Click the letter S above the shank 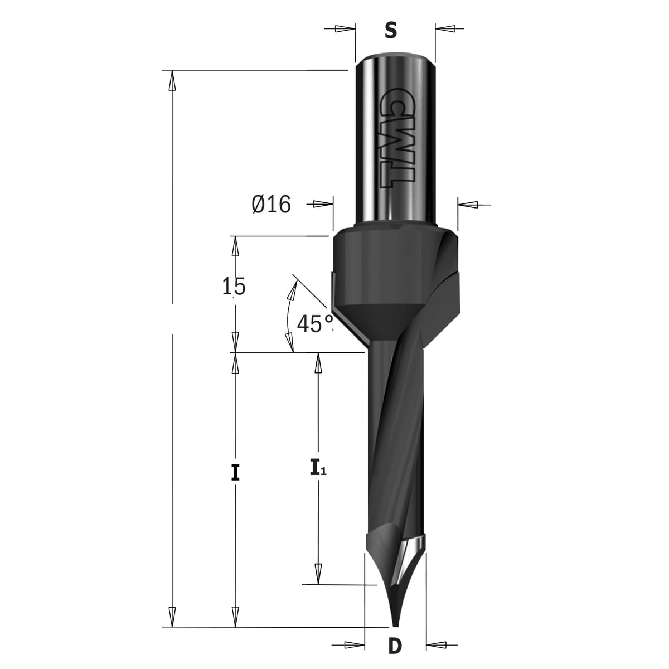coord(391,31)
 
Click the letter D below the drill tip coord(395,646)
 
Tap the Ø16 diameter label coord(271,204)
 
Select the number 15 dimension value coord(234,286)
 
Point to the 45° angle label coord(314,323)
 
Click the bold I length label coord(235,473)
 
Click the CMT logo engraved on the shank coord(396,138)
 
